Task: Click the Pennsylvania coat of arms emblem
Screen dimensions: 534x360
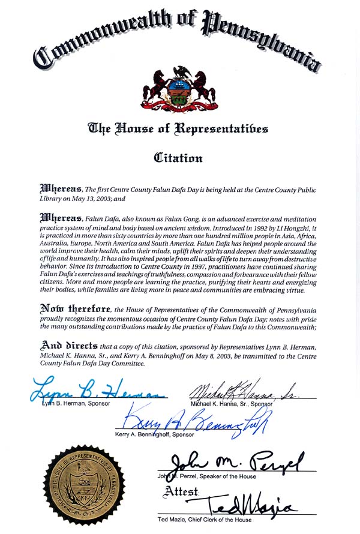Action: tap(179, 89)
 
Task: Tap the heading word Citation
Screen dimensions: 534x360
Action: tap(178, 158)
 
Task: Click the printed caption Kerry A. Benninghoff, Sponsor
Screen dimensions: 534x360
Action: tap(155, 434)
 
